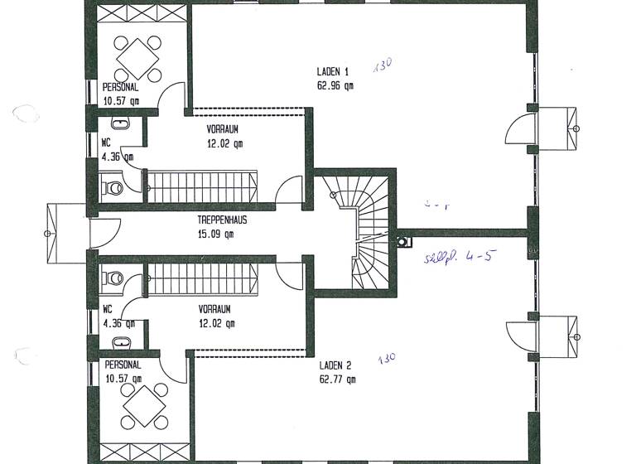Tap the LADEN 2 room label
(335, 365)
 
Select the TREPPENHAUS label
(223, 221)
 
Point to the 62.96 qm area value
(335, 85)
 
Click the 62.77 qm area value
(337, 379)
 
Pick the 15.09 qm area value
(215, 234)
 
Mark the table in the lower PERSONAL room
(138, 407)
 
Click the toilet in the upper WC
(113, 187)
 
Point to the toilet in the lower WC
(113, 277)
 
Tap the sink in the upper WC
(121, 124)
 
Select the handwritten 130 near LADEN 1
(382, 65)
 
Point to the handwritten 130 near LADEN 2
(387, 360)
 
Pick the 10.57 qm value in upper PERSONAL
(121, 101)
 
